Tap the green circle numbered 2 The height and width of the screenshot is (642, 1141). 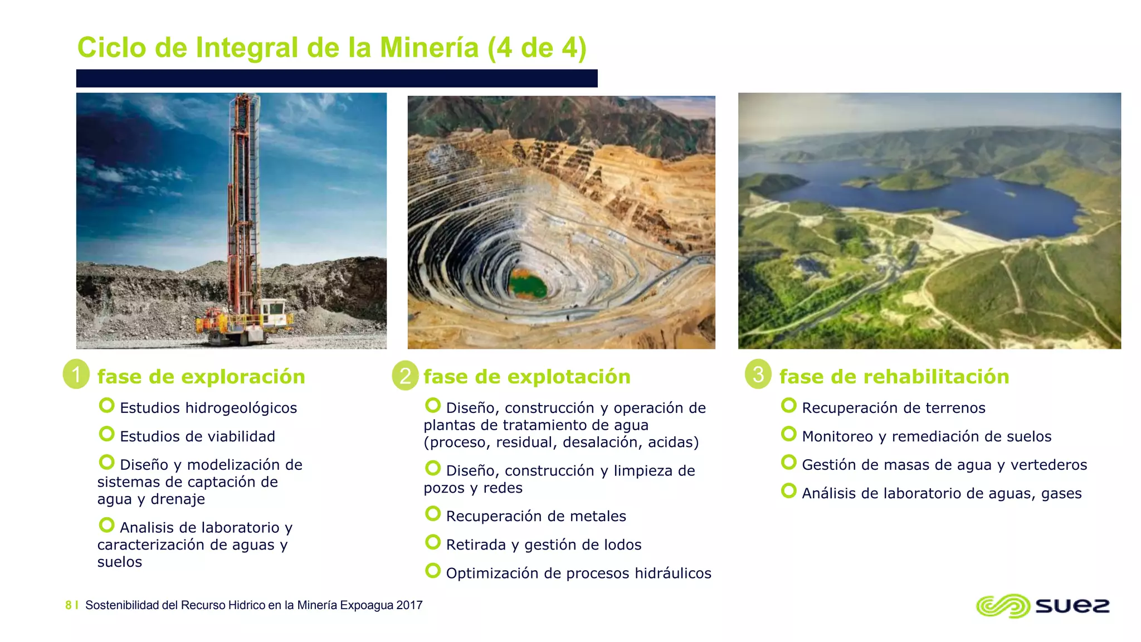(405, 375)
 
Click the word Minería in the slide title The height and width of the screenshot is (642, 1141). (429, 47)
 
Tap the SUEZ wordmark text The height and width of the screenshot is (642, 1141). (1072, 606)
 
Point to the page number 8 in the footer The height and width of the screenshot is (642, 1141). (69, 605)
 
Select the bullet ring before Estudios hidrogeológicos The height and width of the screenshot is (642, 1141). (106, 405)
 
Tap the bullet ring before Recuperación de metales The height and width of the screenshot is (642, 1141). (433, 513)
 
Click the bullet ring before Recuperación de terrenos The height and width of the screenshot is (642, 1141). (789, 405)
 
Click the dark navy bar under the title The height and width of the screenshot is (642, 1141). (337, 78)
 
